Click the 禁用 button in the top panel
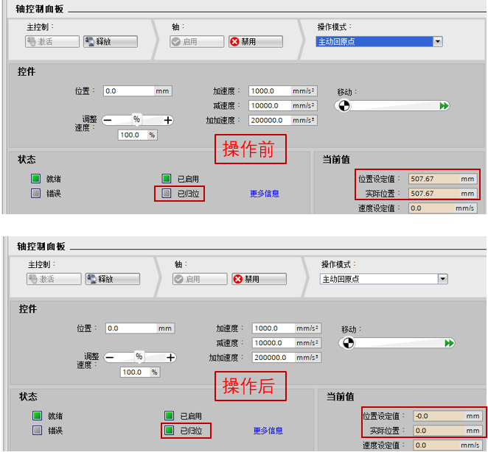[256, 41]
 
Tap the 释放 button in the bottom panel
[113, 279]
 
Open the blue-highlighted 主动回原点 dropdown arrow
[438, 41]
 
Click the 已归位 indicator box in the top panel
[166, 194]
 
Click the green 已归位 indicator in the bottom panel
[169, 431]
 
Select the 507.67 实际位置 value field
[442, 194]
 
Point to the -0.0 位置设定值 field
[447, 416]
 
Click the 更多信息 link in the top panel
[265, 194]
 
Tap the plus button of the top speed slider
[168, 120]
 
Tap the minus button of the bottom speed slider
[109, 358]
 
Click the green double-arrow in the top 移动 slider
[444, 106]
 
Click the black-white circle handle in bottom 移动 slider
[348, 343]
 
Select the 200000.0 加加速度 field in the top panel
[283, 120]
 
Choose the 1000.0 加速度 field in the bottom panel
[287, 328]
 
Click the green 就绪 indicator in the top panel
[35, 179]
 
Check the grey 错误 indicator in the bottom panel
[37, 431]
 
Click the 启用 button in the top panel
[197, 41]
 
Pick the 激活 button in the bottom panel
[54, 279]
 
